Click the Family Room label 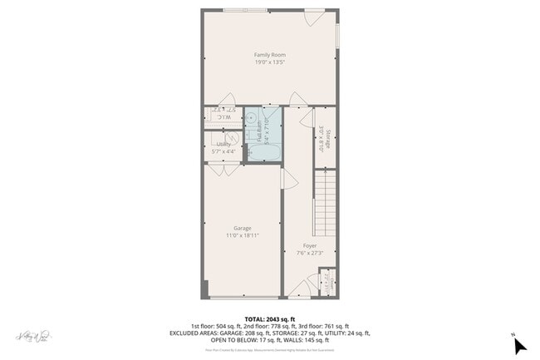click(269, 55)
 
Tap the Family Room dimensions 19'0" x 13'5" click(269, 62)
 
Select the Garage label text click(242, 228)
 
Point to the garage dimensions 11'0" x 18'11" click(242, 235)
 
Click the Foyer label click(309, 246)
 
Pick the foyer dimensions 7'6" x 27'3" click(309, 254)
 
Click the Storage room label click(328, 138)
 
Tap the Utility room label click(223, 144)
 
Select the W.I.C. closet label click(223, 117)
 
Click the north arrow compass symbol click(520, 343)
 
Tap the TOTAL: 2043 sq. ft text click(269, 319)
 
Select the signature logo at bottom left click(31, 336)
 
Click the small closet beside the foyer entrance click(326, 283)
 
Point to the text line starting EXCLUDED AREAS click(269, 333)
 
